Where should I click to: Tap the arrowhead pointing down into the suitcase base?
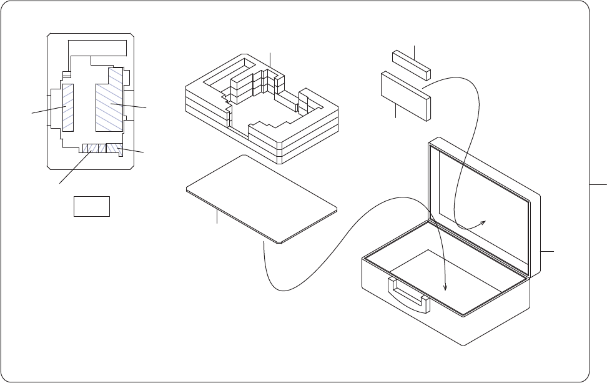click(445, 286)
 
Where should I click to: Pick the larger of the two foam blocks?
click(406, 94)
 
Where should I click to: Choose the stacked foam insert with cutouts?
click(262, 109)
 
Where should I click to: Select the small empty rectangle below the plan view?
click(92, 206)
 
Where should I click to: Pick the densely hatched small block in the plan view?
click(114, 148)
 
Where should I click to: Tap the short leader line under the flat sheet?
click(217, 218)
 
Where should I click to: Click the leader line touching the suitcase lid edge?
click(546, 251)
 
